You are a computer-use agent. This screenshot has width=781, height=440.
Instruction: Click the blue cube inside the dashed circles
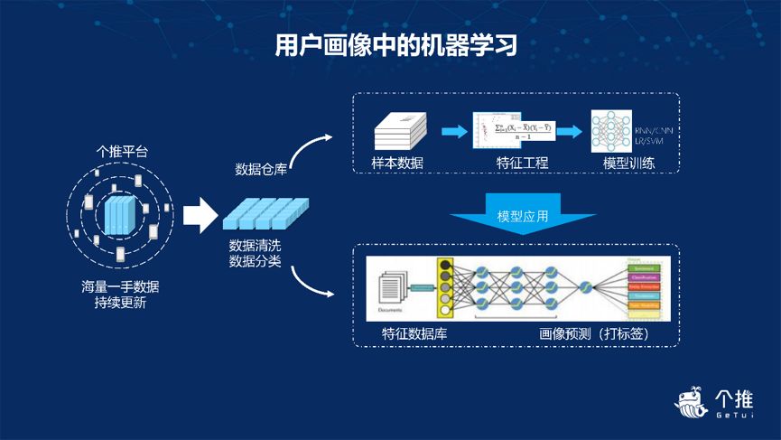(x=120, y=216)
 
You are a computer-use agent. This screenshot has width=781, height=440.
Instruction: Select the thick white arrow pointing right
(x=200, y=216)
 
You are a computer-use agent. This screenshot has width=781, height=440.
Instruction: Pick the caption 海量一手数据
(x=120, y=287)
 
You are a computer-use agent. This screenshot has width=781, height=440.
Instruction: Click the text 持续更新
(x=120, y=304)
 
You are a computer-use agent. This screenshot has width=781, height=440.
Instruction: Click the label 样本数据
(x=398, y=164)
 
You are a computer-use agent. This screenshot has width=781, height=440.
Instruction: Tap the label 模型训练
(x=629, y=164)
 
